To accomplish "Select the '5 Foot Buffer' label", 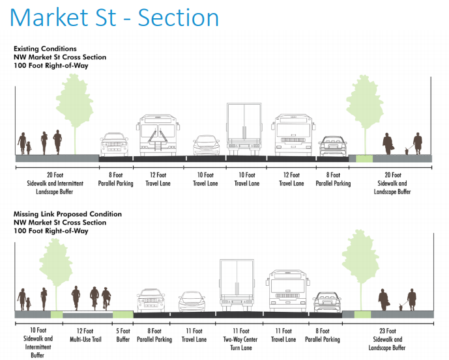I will (x=123, y=335).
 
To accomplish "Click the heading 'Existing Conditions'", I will (x=45, y=49).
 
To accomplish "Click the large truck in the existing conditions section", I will (x=246, y=130).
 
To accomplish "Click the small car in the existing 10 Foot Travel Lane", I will (x=206, y=146).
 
